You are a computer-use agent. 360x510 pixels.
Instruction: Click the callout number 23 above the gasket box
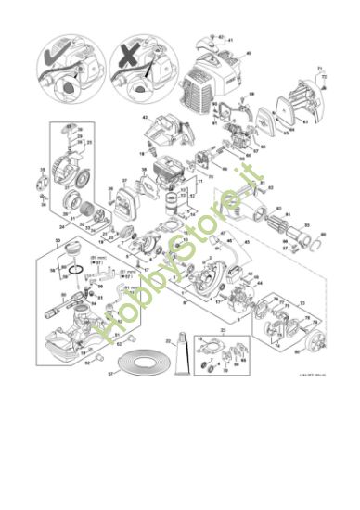[222, 329]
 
